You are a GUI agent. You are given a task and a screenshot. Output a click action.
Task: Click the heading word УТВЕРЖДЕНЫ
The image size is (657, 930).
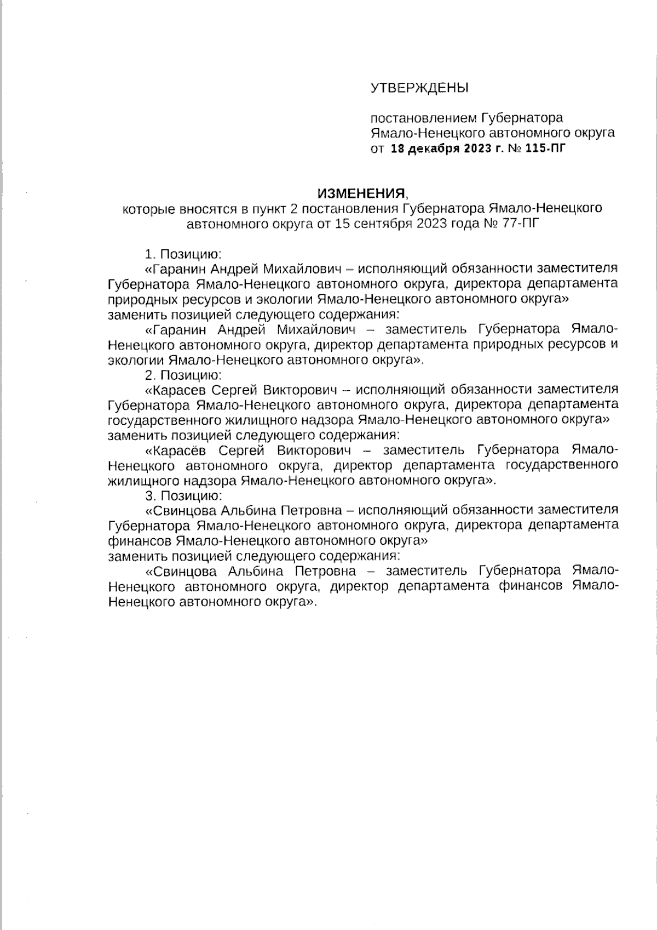(x=419, y=88)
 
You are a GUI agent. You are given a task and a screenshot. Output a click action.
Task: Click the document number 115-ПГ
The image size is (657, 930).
(x=544, y=148)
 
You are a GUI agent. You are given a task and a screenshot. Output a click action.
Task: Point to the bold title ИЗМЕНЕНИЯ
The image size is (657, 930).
(x=362, y=193)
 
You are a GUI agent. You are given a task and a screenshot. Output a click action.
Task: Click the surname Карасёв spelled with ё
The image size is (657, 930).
(x=180, y=450)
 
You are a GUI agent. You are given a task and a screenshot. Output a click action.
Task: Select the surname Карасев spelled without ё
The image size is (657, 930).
(x=180, y=390)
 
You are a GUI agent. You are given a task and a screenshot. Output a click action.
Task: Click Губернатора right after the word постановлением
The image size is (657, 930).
(x=522, y=118)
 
